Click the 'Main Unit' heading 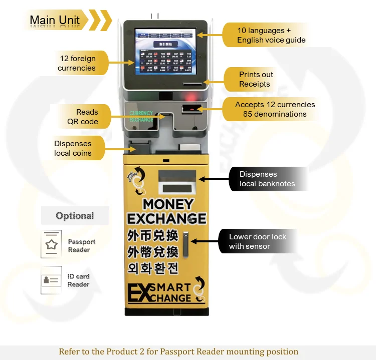tap(55, 20)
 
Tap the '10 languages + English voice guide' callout tap(271, 35)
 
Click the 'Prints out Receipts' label tap(256, 79)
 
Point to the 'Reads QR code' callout tap(83, 117)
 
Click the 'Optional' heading tap(75, 216)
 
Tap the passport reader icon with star tap(51, 244)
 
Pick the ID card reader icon tap(51, 279)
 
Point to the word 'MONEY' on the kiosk tap(167, 204)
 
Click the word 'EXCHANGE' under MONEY tap(166, 219)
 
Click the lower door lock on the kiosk tap(185, 243)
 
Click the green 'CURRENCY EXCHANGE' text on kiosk tap(141, 117)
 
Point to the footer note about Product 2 tap(178, 351)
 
